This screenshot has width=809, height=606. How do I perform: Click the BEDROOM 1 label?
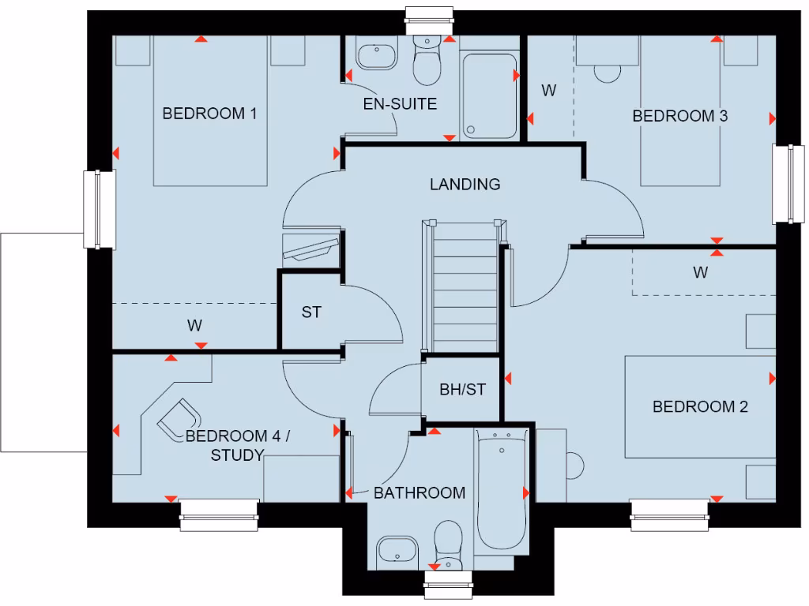pyautogui.click(x=209, y=114)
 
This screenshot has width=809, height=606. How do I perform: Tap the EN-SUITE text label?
pyautogui.click(x=400, y=104)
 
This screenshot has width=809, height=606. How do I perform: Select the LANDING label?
pyautogui.click(x=465, y=185)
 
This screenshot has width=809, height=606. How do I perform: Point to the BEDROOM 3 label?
pyautogui.click(x=680, y=116)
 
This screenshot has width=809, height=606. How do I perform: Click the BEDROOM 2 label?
pyautogui.click(x=700, y=407)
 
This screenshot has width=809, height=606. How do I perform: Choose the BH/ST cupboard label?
pyautogui.click(x=461, y=389)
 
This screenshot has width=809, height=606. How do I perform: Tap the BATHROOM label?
pyautogui.click(x=420, y=493)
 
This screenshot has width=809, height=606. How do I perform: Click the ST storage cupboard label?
pyautogui.click(x=311, y=312)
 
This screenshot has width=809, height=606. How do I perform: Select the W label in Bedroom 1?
pyautogui.click(x=195, y=325)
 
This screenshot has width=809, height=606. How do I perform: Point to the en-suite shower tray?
pyautogui.click(x=488, y=95)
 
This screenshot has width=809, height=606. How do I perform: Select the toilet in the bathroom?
pyautogui.click(x=449, y=544)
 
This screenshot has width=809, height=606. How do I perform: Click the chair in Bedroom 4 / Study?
pyautogui.click(x=180, y=417)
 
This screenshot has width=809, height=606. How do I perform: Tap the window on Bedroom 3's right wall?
pyautogui.click(x=788, y=184)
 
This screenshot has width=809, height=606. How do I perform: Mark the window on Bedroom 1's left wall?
pyautogui.click(x=99, y=209)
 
